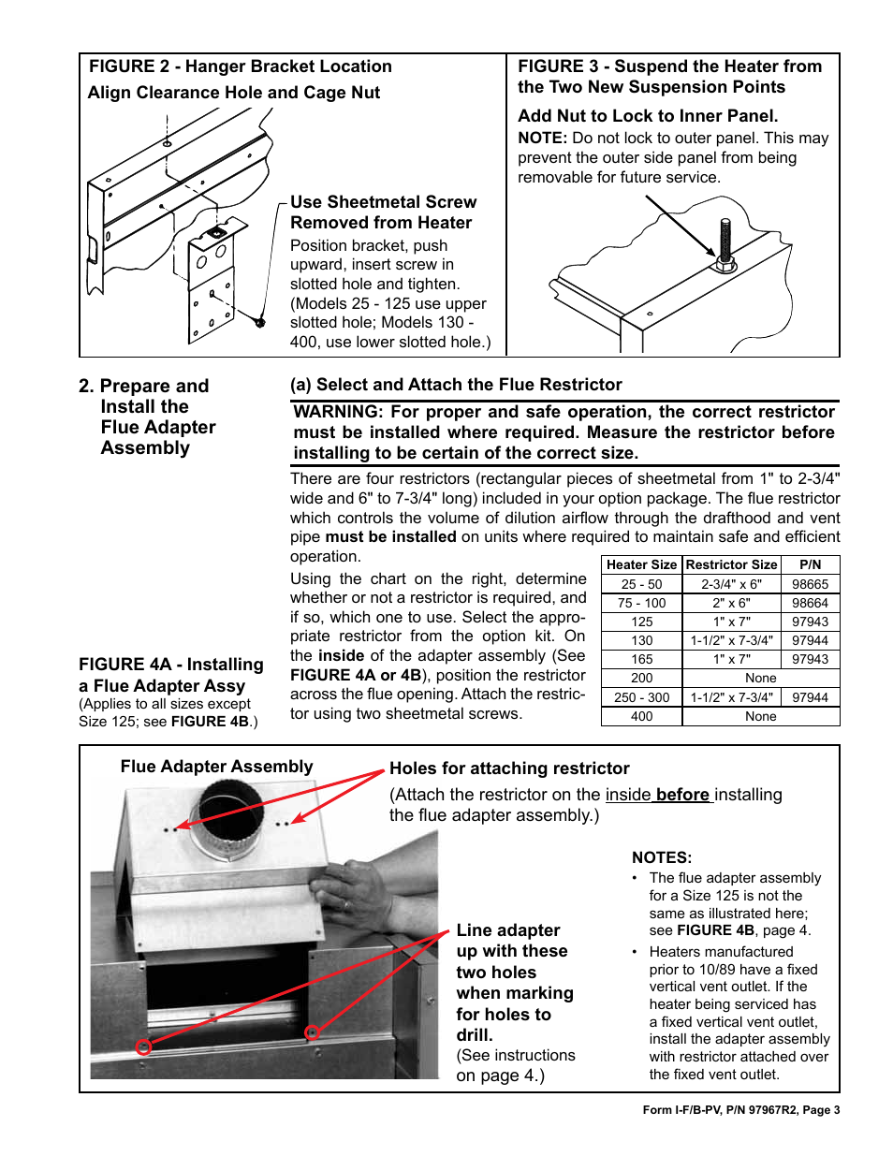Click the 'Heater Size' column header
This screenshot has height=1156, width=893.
point(641,564)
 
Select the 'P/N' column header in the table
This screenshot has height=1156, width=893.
point(810,564)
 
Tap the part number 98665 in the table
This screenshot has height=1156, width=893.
point(810,584)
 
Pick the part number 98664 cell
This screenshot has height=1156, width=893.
point(810,603)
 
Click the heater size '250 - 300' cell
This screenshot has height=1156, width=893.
point(641,697)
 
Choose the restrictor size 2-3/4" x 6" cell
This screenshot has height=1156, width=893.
point(731,584)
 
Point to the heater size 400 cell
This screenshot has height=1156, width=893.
point(641,716)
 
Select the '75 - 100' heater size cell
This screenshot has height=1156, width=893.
point(641,603)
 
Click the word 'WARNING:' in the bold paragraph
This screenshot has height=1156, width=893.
point(338,412)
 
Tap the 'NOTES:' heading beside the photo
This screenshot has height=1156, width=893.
point(662,857)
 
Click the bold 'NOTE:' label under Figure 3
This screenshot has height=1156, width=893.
point(542,138)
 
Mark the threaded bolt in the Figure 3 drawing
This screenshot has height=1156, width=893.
point(725,241)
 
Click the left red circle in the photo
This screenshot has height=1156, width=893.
point(143,1046)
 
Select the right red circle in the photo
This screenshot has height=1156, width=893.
point(313,1032)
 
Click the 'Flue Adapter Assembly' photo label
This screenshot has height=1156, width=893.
point(216,767)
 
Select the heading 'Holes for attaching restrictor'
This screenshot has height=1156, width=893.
point(509,768)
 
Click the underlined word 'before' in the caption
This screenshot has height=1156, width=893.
point(682,795)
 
